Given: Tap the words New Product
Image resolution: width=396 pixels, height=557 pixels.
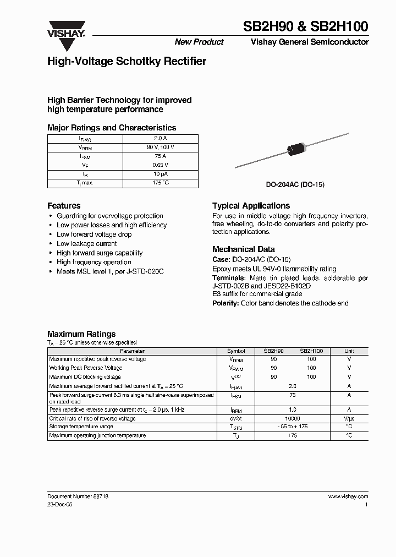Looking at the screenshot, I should click(x=199, y=42).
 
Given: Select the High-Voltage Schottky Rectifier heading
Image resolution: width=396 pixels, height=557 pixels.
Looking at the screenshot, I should click(x=127, y=62).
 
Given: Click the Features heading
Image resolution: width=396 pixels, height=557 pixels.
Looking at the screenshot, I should click(x=64, y=206).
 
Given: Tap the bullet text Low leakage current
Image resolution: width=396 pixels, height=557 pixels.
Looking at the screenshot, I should click(x=87, y=243).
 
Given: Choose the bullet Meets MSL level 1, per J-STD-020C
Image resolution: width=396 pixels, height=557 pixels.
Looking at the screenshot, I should click(x=110, y=271).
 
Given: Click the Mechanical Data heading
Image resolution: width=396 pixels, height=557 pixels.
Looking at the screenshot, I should click(x=244, y=249).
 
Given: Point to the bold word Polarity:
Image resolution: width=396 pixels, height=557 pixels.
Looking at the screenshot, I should click(x=226, y=303).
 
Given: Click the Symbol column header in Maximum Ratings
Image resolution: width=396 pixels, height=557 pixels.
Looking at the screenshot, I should click(x=236, y=351).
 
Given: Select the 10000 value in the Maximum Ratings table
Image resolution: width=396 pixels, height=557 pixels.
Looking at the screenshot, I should click(x=292, y=418).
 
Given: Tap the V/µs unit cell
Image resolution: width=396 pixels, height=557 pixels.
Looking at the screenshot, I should click(x=349, y=418).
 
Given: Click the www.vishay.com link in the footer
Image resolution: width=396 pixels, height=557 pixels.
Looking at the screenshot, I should click(x=348, y=496).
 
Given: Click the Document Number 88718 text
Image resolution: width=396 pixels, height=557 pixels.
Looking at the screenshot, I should click(x=78, y=496).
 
